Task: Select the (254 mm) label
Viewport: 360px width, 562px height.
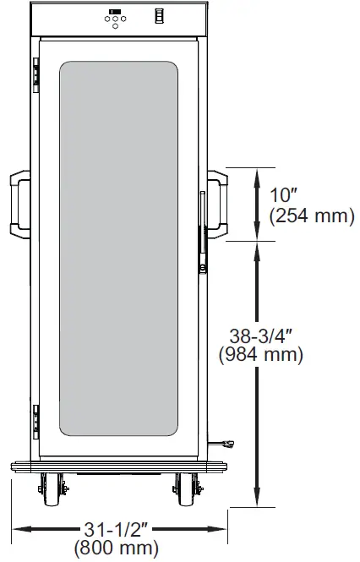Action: pos(310,216)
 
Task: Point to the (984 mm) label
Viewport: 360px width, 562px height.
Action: pos(260,356)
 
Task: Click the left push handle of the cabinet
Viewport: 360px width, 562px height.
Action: pos(18,204)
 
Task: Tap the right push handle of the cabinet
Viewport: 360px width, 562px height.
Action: pos(218,204)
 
